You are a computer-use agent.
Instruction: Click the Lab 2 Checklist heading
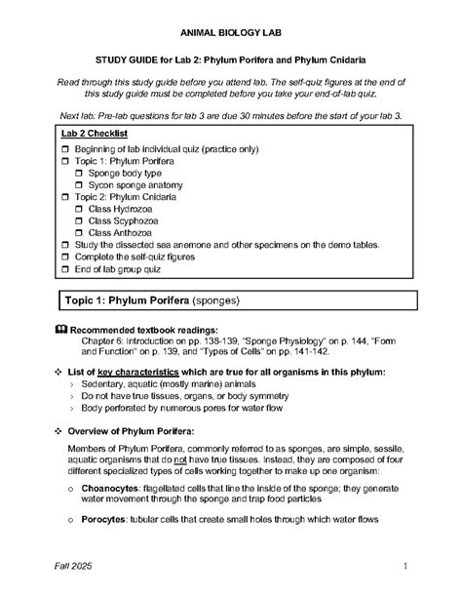[x=96, y=132]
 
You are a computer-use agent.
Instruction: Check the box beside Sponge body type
[x=79, y=172]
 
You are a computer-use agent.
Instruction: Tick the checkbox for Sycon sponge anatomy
[x=79, y=184]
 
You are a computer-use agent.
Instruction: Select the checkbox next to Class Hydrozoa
[x=79, y=209]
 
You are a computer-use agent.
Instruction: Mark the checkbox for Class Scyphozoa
[x=79, y=221]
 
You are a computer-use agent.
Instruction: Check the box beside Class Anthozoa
[x=79, y=233]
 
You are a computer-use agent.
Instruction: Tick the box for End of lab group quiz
[x=65, y=269]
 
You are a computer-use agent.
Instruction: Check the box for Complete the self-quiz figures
[x=65, y=258]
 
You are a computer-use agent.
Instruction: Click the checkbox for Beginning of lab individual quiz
[x=65, y=147]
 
